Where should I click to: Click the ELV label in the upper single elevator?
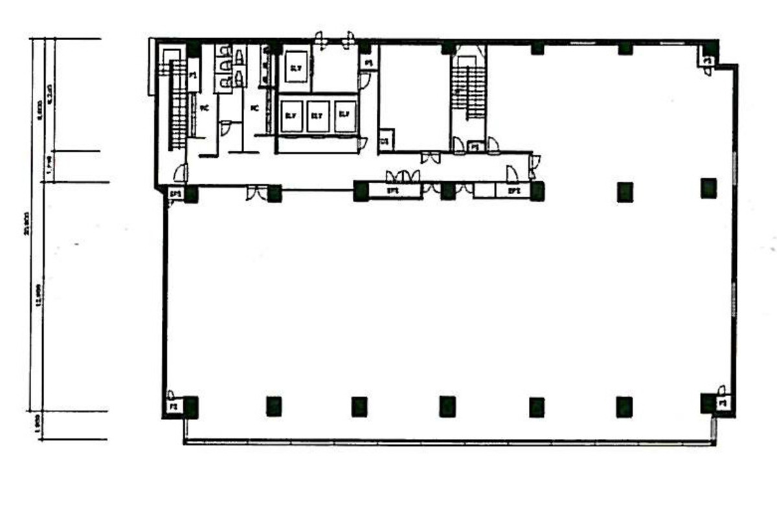pos(296,69)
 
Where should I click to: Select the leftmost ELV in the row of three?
pos(291,116)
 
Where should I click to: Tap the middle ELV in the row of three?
pos(317,116)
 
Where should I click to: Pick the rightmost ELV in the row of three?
pos(344,115)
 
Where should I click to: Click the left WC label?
pos(203,108)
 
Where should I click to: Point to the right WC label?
pos(254,108)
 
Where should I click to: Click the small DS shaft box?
pos(385,140)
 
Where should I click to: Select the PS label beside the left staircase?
pos(193,76)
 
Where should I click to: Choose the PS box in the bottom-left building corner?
pos(173,406)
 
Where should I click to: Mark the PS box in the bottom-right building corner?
pos(724,403)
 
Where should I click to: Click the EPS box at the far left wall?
pos(174,193)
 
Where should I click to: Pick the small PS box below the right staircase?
pos(475,147)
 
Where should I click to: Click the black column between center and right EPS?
pos(447,191)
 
